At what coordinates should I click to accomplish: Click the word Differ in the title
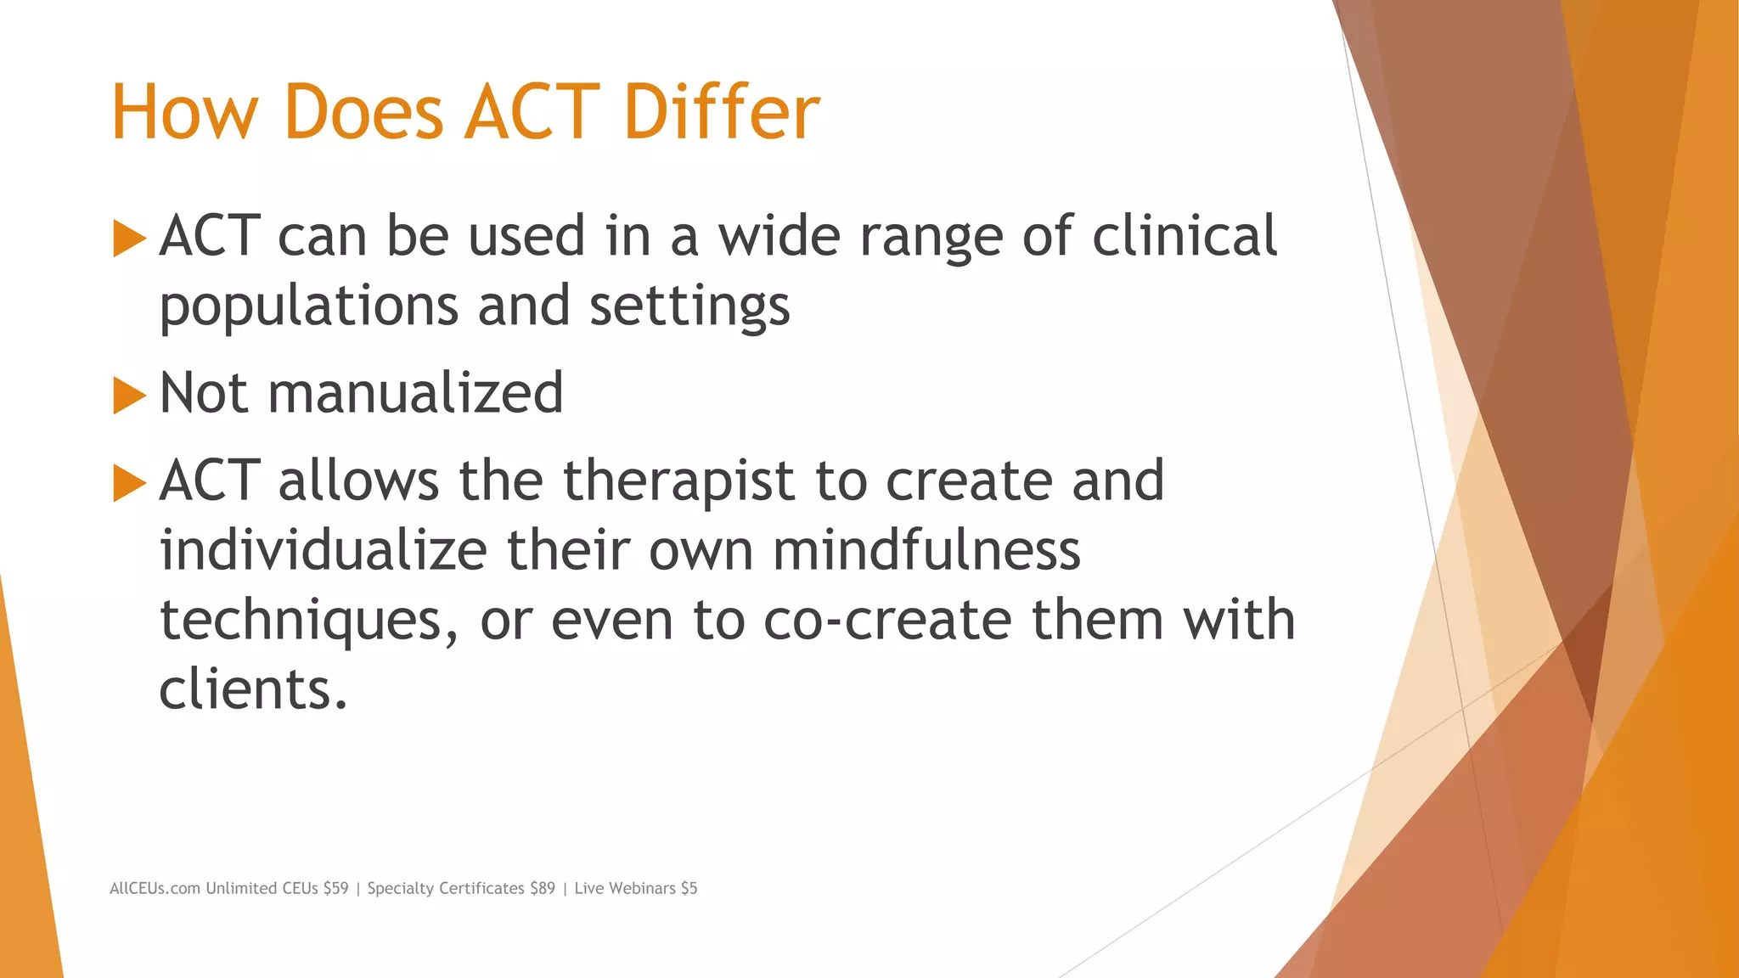pyautogui.click(x=721, y=112)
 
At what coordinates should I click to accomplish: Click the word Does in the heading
pyautogui.click(x=363, y=112)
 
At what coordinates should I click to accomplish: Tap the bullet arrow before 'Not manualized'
pyautogui.click(x=129, y=395)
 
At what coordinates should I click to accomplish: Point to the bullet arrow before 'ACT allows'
pyautogui.click(x=129, y=482)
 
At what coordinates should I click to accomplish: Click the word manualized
pyautogui.click(x=415, y=393)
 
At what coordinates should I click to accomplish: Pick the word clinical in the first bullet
pyautogui.click(x=1184, y=236)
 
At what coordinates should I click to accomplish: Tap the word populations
pyautogui.click(x=309, y=307)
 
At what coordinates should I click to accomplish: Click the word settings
pyautogui.click(x=689, y=307)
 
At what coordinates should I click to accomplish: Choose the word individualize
pyautogui.click(x=323, y=551)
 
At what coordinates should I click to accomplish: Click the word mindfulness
pyautogui.click(x=926, y=551)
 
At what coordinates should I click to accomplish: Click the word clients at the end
pyautogui.click(x=252, y=689)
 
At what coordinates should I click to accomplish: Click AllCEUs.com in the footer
pyautogui.click(x=155, y=888)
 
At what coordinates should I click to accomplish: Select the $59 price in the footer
pyautogui.click(x=335, y=888)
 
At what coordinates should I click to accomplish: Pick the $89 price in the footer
pyautogui.click(x=542, y=888)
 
